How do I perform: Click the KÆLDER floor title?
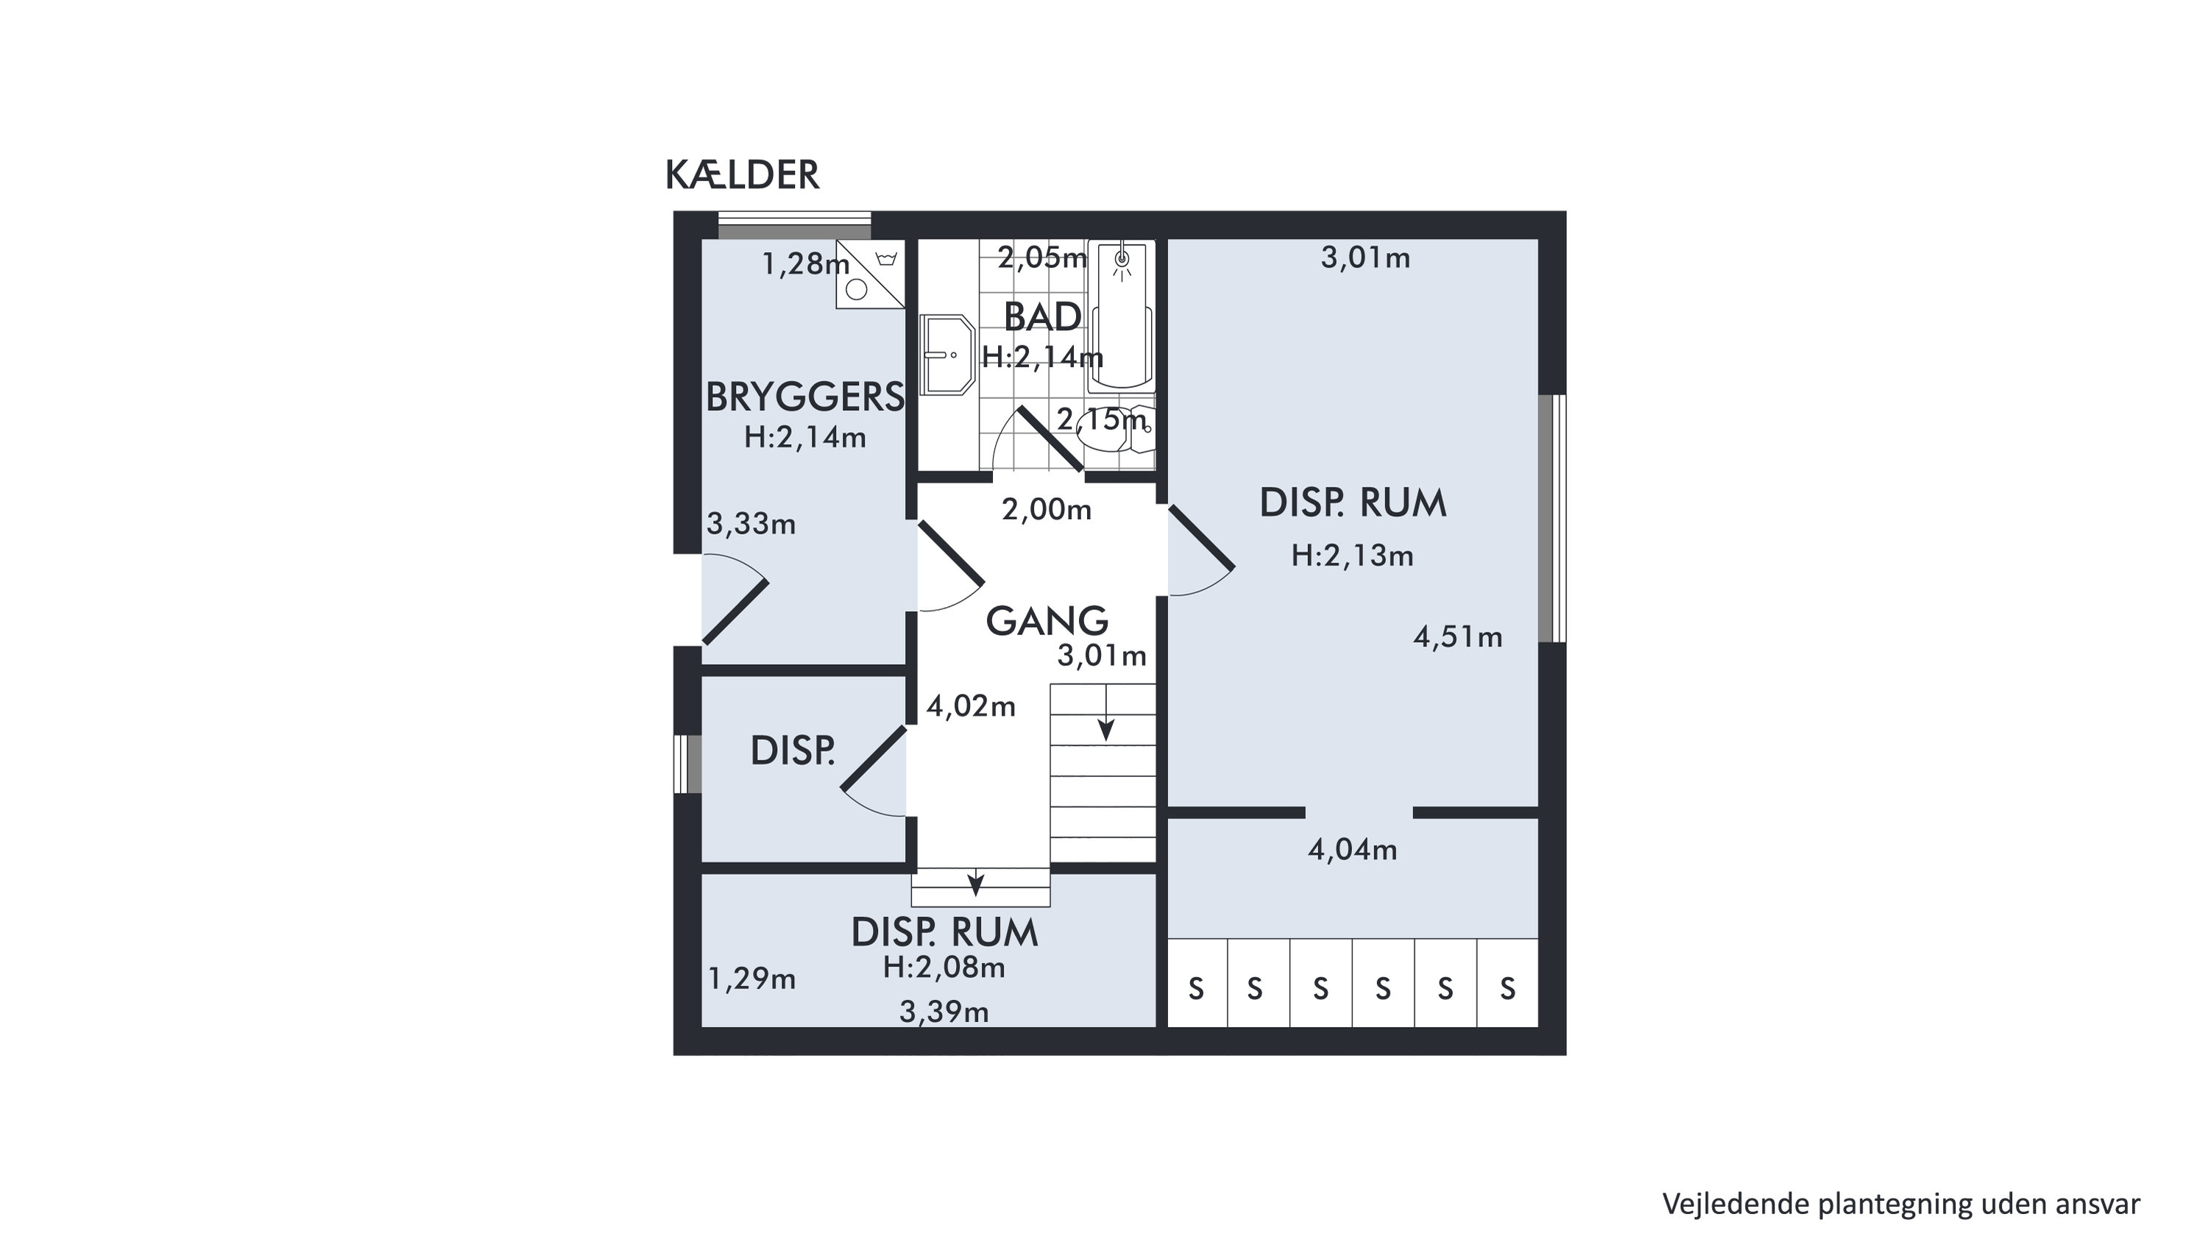(743, 175)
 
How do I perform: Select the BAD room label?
(1042, 317)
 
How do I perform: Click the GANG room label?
(1047, 620)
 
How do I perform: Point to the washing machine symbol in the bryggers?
(870, 274)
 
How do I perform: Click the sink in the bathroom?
(947, 355)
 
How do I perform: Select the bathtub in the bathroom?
(1120, 317)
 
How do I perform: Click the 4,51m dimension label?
(1457, 637)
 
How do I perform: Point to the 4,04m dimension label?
(1352, 849)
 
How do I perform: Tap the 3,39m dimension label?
(944, 1012)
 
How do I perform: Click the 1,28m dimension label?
(806, 264)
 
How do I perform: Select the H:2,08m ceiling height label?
(944, 968)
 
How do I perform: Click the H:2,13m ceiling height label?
(1352, 556)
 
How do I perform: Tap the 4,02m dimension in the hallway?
(970, 706)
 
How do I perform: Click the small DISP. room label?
(792, 752)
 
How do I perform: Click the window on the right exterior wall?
(1551, 518)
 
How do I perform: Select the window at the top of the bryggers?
(795, 225)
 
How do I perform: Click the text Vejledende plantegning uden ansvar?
(1901, 1204)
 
